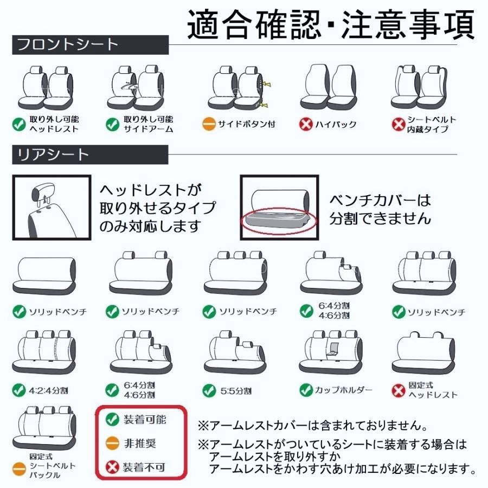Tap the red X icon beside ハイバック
[x=307, y=124]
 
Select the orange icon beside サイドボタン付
[x=209, y=124]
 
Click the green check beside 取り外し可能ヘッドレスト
[x=20, y=124]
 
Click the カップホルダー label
[x=344, y=390]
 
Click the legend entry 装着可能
[x=144, y=419]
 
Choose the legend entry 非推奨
[x=139, y=443]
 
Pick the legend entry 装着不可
[x=144, y=467]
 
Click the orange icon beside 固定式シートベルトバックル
[x=19, y=466]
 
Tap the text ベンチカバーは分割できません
[x=380, y=209]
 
